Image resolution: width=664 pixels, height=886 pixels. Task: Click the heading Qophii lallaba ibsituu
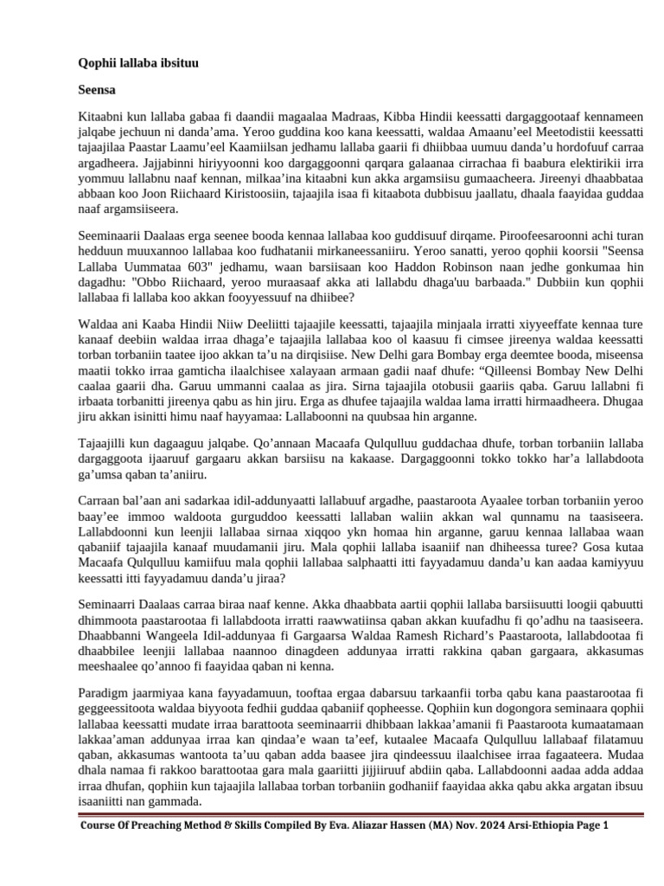134,63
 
